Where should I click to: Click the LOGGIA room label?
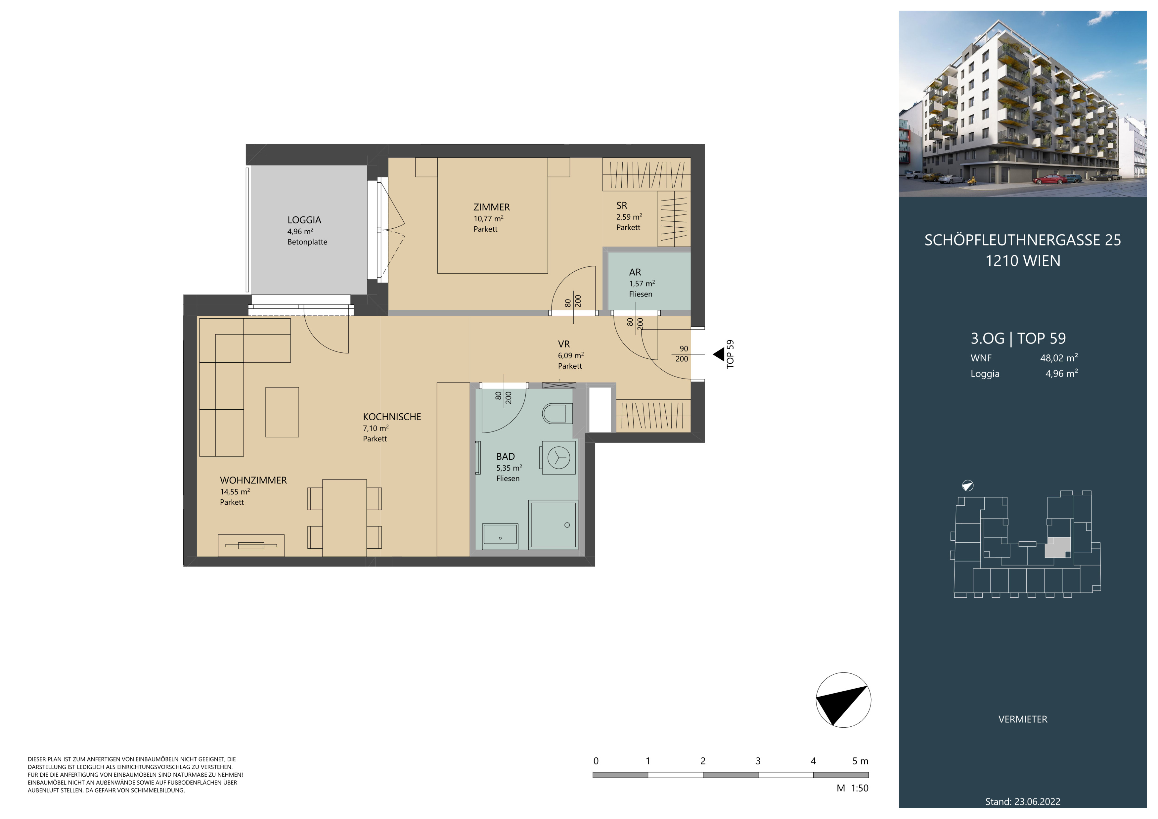(x=304, y=220)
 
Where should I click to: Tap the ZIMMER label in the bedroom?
(x=491, y=207)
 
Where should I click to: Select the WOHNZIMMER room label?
(x=253, y=480)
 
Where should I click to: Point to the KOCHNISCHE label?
(x=392, y=417)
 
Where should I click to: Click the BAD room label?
(x=505, y=456)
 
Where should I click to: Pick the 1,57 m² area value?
(x=642, y=283)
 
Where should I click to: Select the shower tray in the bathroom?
(x=553, y=524)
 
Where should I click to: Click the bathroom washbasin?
(x=500, y=536)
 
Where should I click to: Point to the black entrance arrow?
(x=718, y=354)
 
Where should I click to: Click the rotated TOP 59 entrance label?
(x=730, y=354)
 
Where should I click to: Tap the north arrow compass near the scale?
(x=843, y=700)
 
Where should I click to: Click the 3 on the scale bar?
(x=758, y=761)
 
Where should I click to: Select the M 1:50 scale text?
(x=852, y=788)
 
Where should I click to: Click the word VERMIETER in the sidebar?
(x=1023, y=719)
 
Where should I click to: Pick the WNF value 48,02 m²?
(x=1059, y=358)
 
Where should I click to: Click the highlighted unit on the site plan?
(x=1057, y=547)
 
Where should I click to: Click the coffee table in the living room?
(x=282, y=412)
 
